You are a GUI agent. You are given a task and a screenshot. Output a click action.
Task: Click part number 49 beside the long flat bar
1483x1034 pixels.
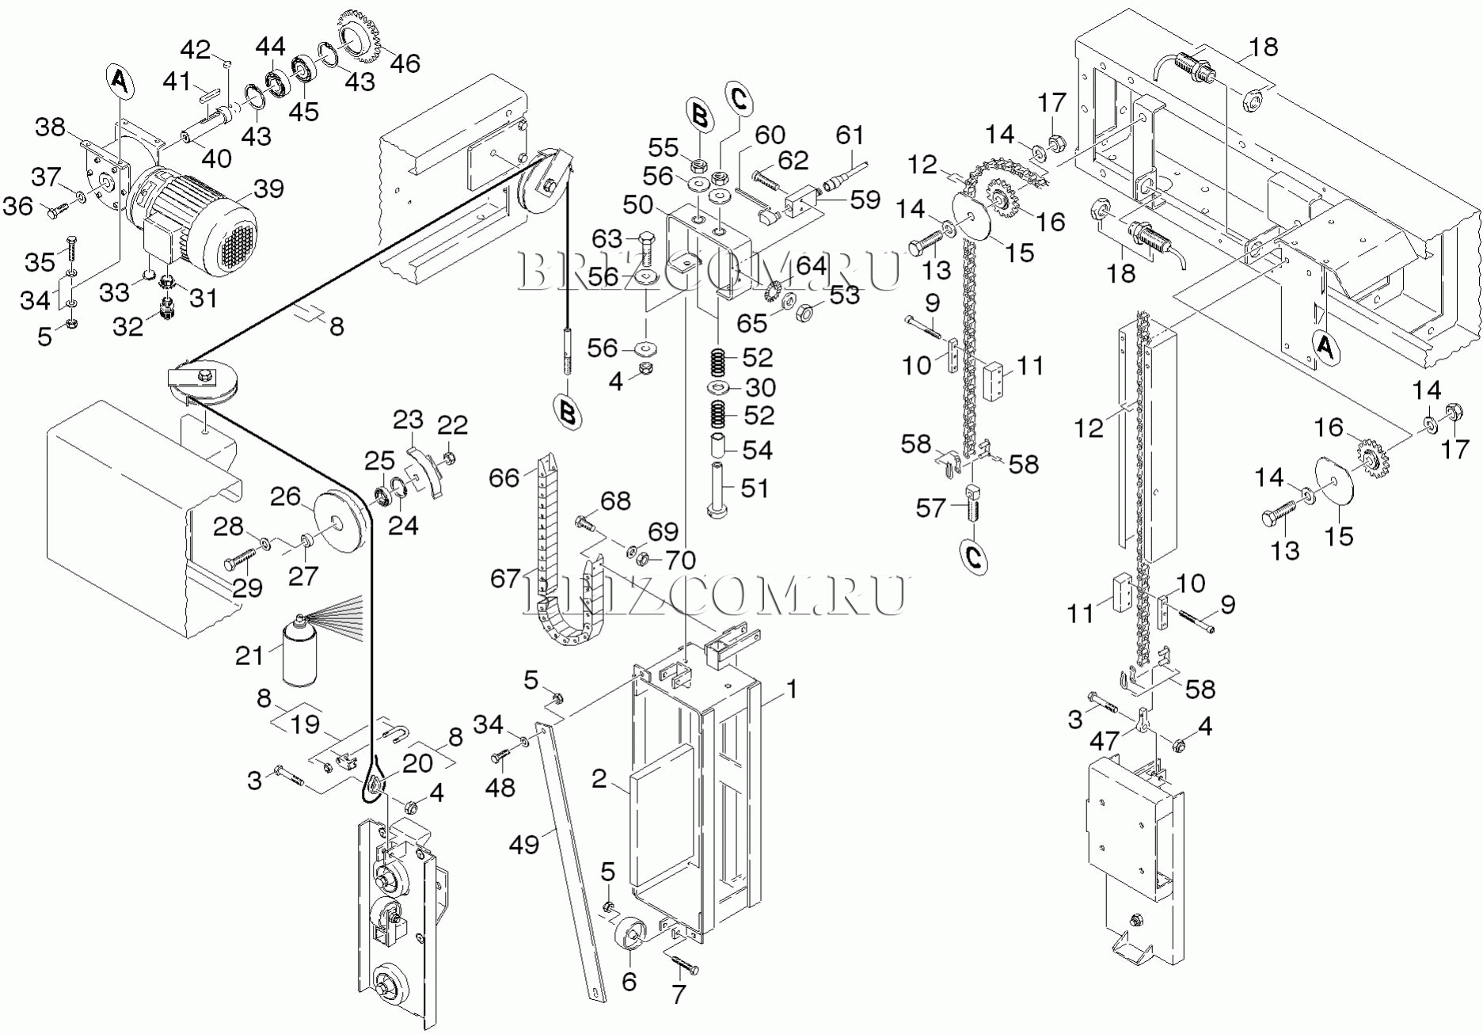[x=523, y=845]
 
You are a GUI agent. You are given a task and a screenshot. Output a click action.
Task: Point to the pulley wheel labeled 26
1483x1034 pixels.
[x=341, y=522]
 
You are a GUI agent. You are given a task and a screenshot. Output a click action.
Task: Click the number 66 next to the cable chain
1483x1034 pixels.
[x=504, y=477]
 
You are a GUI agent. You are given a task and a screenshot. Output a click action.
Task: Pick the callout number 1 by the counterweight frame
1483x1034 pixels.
[x=791, y=690]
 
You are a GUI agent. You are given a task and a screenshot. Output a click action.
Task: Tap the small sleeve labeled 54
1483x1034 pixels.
[x=717, y=446]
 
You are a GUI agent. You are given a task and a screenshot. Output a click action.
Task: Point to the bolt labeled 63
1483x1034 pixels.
[x=646, y=245]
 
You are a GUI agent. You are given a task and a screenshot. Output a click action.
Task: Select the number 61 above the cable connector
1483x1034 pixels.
[x=850, y=135]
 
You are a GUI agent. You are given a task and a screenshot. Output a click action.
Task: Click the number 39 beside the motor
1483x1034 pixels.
[x=268, y=188]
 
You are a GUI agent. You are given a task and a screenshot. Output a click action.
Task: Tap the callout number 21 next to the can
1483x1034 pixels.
[x=249, y=655]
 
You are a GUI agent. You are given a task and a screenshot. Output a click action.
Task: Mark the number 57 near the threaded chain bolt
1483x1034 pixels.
[x=930, y=507]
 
